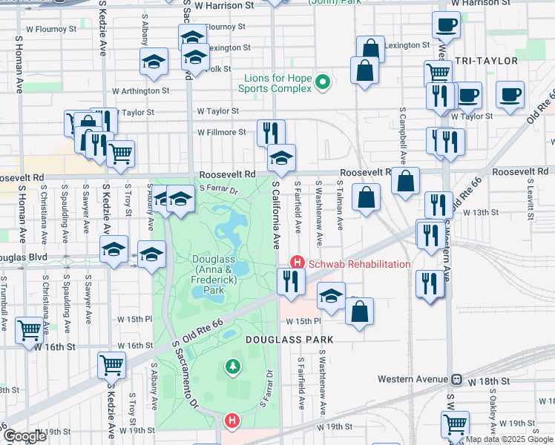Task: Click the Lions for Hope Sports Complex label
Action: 274,84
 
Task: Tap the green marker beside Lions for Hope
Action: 322,82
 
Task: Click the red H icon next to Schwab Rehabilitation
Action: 297,263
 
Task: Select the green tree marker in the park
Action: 233,366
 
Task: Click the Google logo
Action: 24,436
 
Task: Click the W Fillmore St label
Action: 221,133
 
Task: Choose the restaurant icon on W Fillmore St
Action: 271,132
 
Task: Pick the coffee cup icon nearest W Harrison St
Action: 446,26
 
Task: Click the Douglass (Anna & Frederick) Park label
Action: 214,275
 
